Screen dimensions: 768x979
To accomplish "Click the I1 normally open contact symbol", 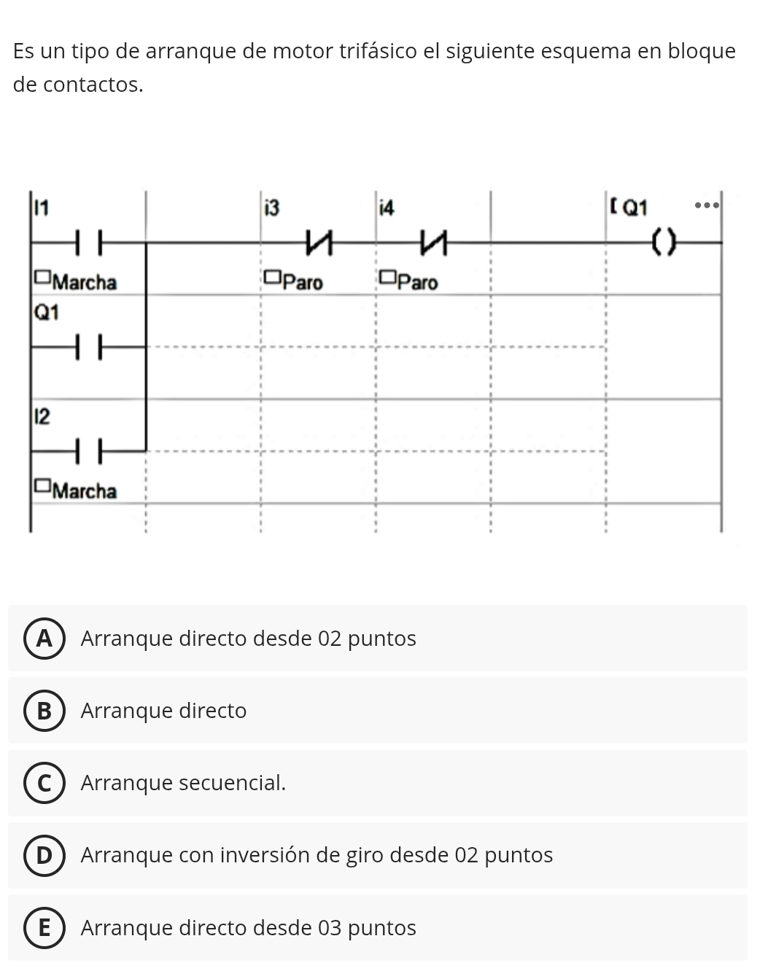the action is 89,243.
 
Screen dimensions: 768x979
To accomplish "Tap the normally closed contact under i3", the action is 319,243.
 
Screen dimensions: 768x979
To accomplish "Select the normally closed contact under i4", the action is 433,243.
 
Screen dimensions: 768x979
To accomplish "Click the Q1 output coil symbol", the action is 664,242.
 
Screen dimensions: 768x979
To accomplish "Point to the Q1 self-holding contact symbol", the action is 89,347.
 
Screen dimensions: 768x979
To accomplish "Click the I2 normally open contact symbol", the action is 89,451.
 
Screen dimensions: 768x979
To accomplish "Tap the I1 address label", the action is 42,208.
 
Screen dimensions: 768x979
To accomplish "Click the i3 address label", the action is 272,208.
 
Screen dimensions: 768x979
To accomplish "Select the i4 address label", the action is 387,208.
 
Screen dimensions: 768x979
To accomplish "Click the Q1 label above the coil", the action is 635,208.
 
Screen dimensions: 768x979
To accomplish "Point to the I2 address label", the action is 42,417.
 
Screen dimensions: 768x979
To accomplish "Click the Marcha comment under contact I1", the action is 85,283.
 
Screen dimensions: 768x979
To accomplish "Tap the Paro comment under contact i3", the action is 303,283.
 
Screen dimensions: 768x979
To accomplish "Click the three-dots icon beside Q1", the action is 706,206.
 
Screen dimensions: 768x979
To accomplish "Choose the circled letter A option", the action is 44,639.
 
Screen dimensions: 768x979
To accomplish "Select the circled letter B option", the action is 44,711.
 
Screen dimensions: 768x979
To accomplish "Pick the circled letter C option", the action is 44,783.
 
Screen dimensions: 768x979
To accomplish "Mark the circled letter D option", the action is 44,854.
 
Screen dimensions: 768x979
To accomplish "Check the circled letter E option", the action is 44,928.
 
